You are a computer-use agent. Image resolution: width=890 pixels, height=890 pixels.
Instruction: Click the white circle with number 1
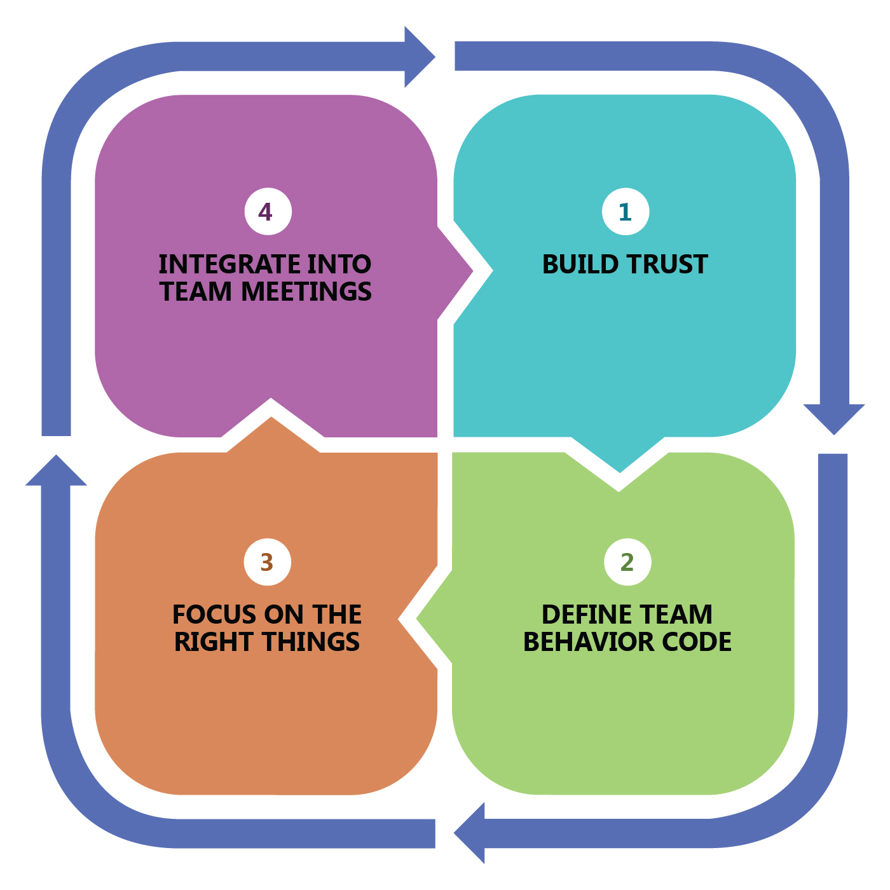626,212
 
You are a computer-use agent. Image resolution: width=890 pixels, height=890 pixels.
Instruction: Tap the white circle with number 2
627,562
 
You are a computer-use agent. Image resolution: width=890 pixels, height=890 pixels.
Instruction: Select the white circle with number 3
268,562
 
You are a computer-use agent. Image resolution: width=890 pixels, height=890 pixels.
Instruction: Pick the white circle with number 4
268,212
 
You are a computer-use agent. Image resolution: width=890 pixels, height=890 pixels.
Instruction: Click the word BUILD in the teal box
580,264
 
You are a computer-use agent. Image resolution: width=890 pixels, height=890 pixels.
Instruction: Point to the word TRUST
668,264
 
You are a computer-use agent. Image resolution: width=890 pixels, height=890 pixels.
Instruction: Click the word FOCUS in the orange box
214,614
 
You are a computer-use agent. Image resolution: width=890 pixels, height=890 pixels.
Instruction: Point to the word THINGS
311,641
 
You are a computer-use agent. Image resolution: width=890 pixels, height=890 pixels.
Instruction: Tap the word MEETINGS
306,291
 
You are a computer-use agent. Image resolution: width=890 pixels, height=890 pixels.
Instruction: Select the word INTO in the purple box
339,264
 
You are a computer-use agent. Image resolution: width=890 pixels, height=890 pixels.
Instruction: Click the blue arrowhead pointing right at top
420,57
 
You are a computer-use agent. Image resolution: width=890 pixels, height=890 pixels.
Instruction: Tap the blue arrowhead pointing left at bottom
469,833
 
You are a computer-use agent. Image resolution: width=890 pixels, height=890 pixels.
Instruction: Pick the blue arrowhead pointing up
56,470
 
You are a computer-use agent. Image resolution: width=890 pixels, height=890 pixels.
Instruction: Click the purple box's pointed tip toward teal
473,271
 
